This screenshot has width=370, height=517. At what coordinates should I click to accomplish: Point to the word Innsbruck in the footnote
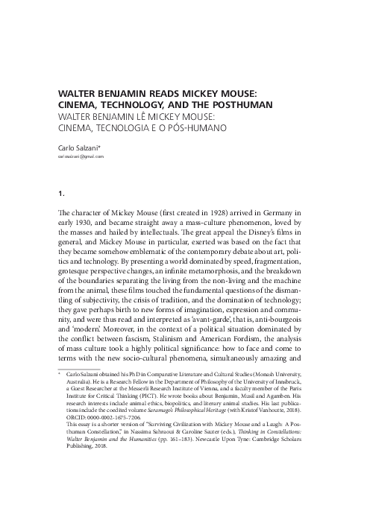click(296, 388)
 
